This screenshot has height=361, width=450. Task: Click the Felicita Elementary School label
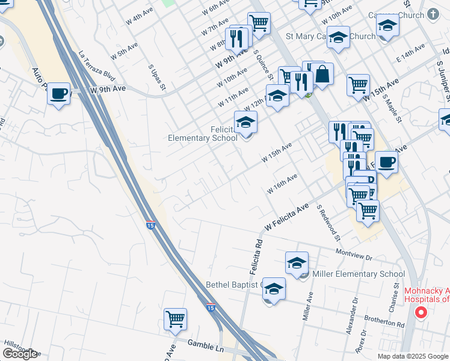coord(203,134)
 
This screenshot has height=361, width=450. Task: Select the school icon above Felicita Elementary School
coord(245,123)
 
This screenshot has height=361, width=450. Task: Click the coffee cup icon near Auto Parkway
coord(58,94)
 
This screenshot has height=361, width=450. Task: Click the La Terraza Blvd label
coord(97,67)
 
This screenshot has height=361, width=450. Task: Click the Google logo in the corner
coord(20,354)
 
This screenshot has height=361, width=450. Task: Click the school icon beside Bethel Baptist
coord(274,289)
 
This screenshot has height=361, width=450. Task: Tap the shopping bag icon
coord(322,75)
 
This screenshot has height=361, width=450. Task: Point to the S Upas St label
coord(158,78)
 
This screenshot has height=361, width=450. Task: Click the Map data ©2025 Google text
coord(412,356)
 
